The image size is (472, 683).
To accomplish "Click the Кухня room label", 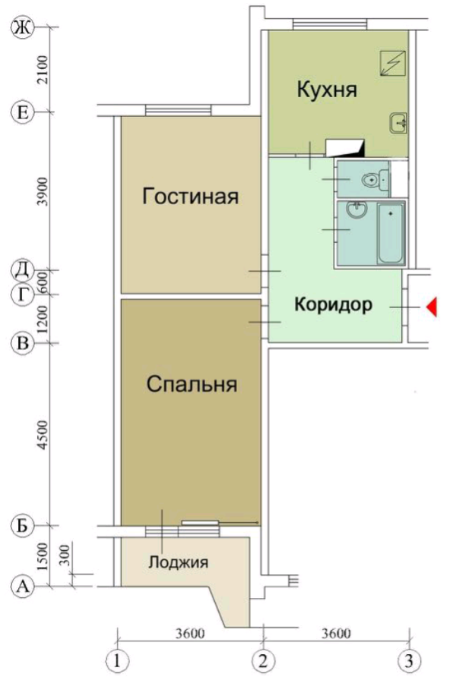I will (326, 91).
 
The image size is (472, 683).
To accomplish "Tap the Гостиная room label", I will (191, 197).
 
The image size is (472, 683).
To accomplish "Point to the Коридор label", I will (334, 306).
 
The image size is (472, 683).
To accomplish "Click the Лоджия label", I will (178, 562).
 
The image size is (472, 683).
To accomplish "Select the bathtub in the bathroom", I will (391, 233).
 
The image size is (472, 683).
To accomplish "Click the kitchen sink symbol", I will (398, 121).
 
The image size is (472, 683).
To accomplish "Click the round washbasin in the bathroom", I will (354, 209).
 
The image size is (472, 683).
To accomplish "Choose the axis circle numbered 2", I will (263, 661).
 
